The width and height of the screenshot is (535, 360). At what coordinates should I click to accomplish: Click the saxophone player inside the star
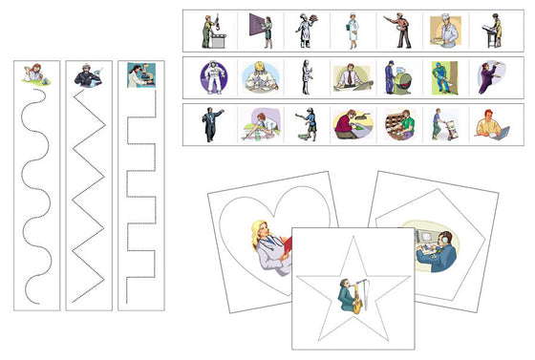click(x=351, y=295)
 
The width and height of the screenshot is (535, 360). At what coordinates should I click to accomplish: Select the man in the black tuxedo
click(x=212, y=124)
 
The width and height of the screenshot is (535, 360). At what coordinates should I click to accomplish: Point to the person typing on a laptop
click(x=487, y=125)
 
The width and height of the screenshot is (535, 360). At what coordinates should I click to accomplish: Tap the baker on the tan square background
click(x=441, y=31)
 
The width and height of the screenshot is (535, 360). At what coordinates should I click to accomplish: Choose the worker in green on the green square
click(x=441, y=77)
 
